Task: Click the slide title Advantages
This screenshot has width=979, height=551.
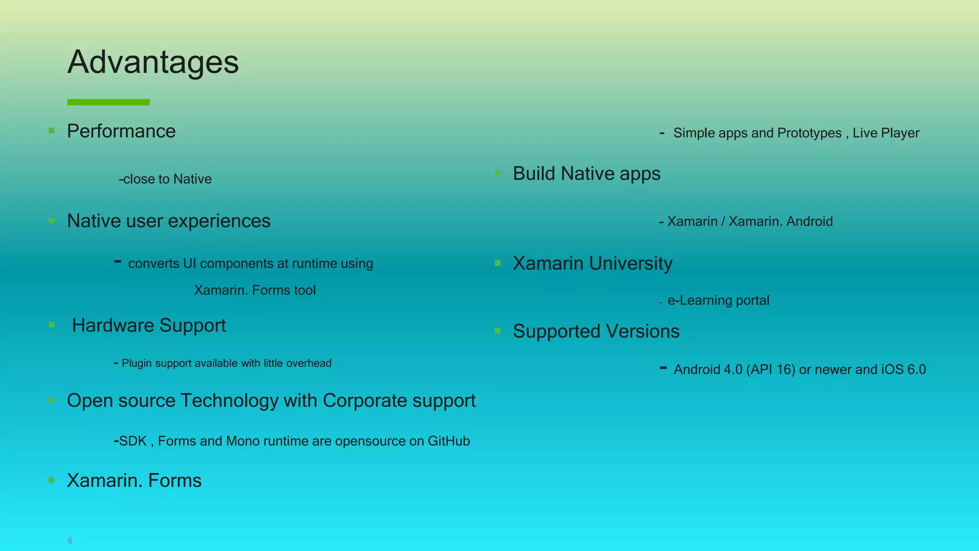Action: click(153, 62)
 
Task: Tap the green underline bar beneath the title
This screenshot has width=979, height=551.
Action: click(109, 102)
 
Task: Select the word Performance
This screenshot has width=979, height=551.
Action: click(121, 131)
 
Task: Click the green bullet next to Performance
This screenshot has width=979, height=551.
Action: click(52, 131)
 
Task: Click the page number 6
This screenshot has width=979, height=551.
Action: click(70, 541)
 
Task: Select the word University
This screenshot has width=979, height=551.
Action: click(631, 263)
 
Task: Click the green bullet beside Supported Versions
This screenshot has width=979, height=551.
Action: click(498, 331)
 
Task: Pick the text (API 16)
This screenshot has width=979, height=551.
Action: click(771, 370)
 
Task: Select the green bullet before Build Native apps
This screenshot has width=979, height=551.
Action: click(498, 173)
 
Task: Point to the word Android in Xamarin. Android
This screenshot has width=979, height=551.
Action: click(809, 221)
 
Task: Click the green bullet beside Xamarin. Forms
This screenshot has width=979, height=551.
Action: click(52, 480)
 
